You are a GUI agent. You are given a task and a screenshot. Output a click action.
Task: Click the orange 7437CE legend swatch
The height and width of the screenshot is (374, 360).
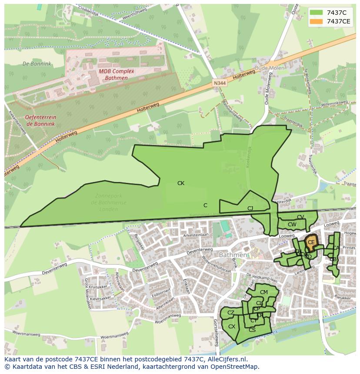pyautogui.click(x=317, y=21)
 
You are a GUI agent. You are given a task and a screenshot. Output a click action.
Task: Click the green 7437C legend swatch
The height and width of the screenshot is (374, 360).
pyautogui.click(x=317, y=12)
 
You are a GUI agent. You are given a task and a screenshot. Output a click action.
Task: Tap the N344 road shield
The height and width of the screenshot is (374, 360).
pyautogui.click(x=219, y=82)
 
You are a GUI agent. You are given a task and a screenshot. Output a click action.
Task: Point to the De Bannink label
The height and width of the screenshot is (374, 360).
pyautogui.click(x=37, y=64)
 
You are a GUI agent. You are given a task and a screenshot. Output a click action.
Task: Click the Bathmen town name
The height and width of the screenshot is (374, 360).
pyautogui.click(x=233, y=255)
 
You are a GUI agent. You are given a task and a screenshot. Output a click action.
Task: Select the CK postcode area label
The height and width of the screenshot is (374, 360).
pyautogui.click(x=181, y=183)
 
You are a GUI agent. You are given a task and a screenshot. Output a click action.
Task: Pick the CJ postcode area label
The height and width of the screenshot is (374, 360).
pyautogui.click(x=250, y=209)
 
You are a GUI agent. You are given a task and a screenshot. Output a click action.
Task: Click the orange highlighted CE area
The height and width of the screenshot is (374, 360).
pyautogui.click(x=311, y=243)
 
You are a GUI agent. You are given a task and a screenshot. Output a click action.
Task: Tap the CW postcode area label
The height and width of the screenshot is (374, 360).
pyautogui.click(x=292, y=225)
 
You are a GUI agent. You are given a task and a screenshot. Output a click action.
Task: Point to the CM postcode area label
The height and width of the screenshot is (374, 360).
pyautogui.click(x=264, y=292)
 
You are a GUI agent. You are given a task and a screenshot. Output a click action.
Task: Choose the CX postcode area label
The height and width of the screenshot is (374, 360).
pyautogui.click(x=232, y=327)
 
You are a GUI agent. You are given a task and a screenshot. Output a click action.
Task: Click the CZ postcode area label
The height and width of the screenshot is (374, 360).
pyautogui.click(x=231, y=313)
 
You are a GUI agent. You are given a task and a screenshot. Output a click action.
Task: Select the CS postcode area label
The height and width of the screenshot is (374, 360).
pyautogui.click(x=252, y=330)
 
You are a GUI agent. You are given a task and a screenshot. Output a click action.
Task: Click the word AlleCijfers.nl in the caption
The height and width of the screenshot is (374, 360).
pyautogui.click(x=225, y=359)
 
